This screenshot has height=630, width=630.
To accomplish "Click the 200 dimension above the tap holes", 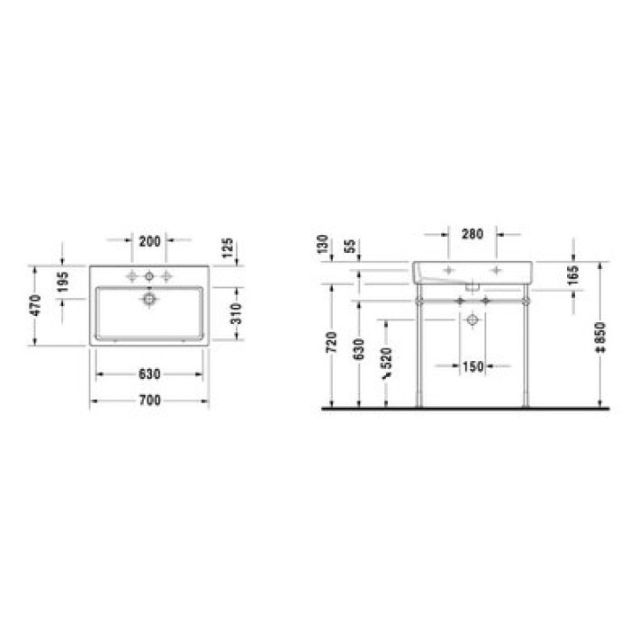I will (148, 240).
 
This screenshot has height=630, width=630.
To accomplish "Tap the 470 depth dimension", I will (36, 305).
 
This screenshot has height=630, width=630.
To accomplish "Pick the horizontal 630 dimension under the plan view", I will (148, 373).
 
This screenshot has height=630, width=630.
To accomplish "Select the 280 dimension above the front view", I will (472, 234).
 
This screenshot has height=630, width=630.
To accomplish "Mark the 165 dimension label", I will (573, 275).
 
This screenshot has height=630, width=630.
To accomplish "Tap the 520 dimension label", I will (387, 364).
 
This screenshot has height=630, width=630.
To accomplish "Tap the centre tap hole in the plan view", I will (149, 274).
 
